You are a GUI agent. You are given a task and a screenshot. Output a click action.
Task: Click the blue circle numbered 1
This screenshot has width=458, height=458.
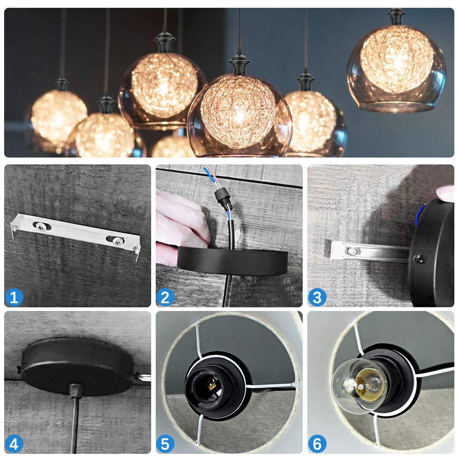pos(14,298)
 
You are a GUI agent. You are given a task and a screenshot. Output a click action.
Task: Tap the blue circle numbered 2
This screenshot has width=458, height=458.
pos(165,298)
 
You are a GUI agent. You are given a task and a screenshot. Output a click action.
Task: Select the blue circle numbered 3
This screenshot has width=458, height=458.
pos(317,298)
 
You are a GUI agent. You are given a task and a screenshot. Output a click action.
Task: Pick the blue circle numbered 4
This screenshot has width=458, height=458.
pos(14,444)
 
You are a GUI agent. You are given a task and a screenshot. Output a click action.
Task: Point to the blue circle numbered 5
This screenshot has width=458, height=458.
pos(165,444)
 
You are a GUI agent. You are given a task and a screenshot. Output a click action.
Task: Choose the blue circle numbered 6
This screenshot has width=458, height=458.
pos(317,444)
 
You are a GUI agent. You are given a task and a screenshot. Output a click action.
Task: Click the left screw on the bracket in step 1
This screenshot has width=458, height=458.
pos(41,225)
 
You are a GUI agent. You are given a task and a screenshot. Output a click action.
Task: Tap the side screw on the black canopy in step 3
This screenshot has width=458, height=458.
pos(417,259)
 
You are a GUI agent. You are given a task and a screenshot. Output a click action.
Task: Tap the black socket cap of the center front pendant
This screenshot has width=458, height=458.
pos(239,64)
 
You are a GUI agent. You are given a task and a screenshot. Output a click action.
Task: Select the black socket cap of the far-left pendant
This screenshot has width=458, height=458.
pos(62,85)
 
